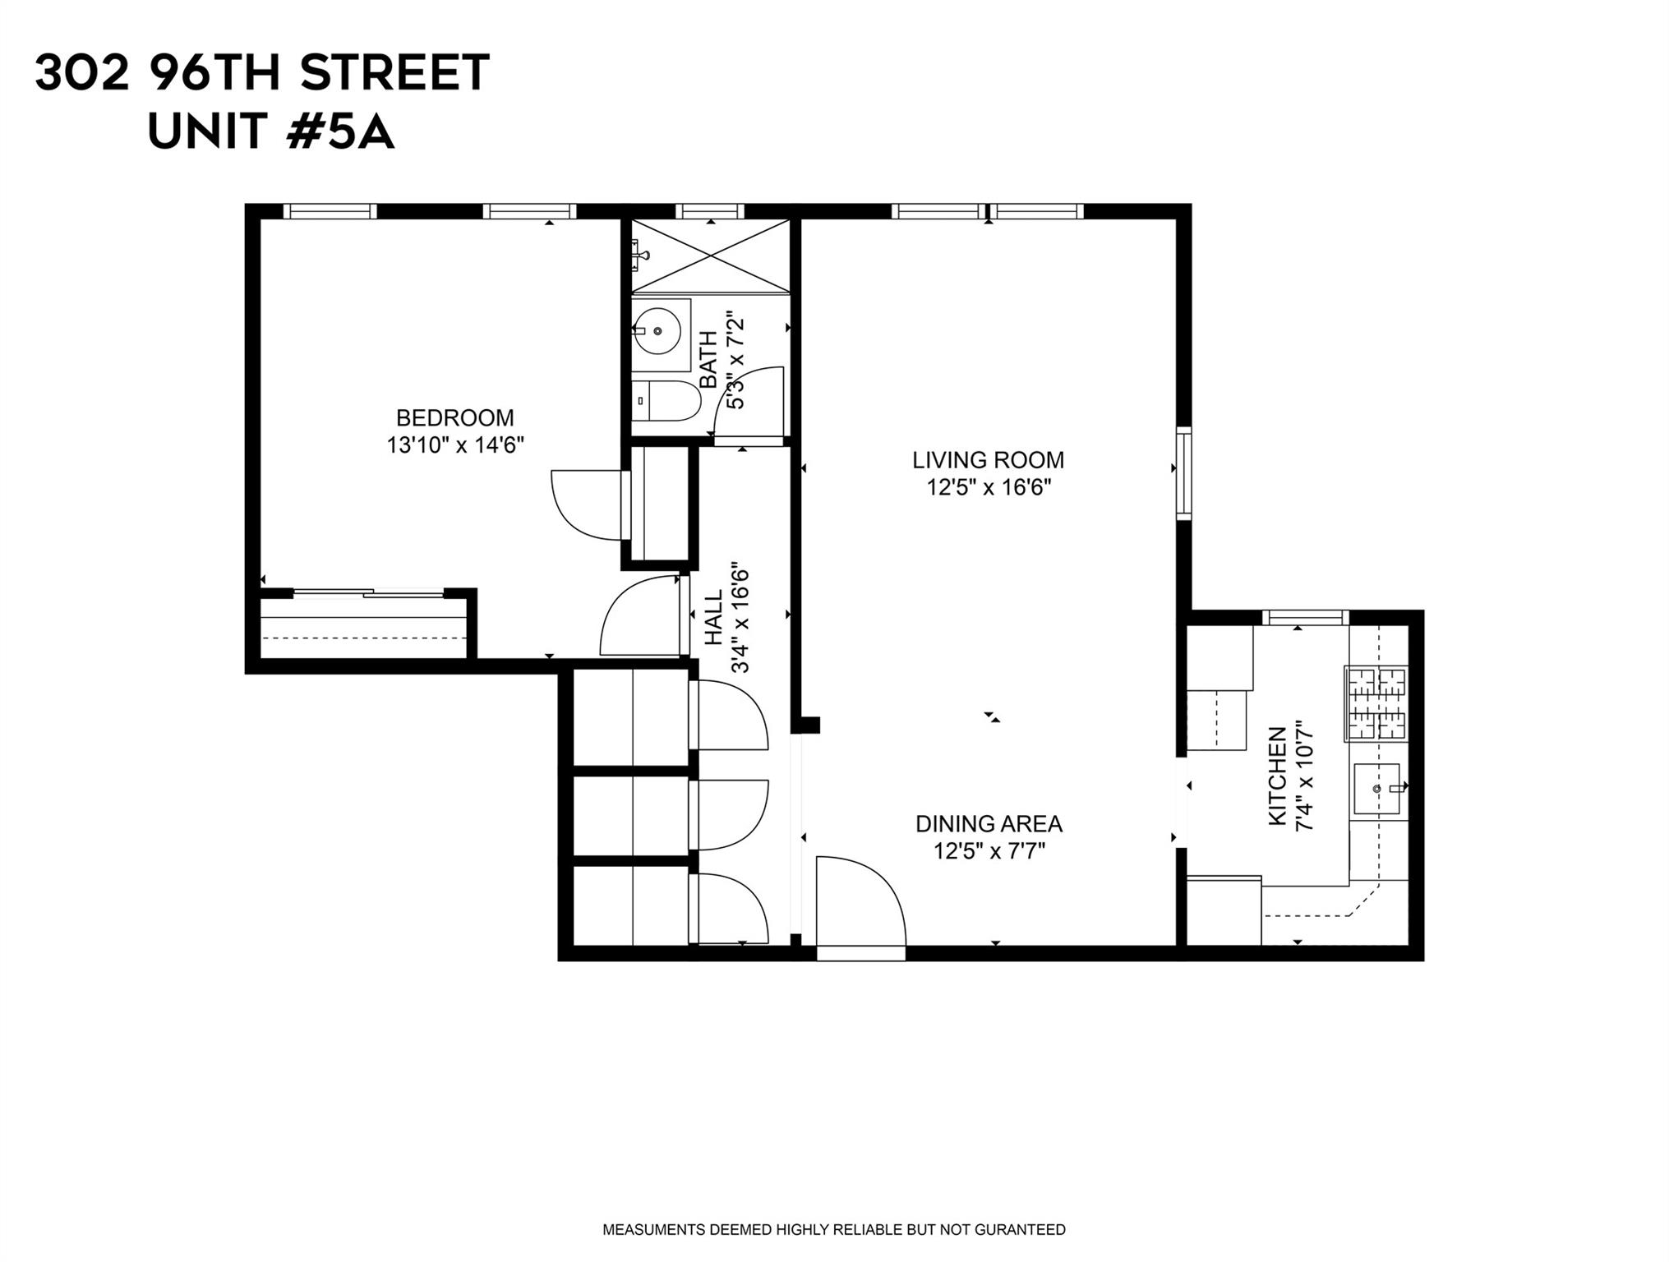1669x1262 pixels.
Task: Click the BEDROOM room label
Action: tap(454, 418)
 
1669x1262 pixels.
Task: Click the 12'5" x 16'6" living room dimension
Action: tap(989, 488)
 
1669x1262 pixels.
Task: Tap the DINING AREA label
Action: tap(989, 823)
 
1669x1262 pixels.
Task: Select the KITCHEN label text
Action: tap(1277, 776)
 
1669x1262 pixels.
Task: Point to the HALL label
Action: tap(713, 617)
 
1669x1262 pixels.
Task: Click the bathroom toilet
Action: tap(666, 401)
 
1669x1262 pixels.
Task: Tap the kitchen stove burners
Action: tap(1376, 703)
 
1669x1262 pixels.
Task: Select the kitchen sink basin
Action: tap(1376, 789)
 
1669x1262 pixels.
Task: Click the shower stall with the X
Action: tap(710, 256)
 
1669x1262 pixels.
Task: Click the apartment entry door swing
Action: tap(860, 904)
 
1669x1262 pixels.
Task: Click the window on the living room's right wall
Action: tap(1183, 473)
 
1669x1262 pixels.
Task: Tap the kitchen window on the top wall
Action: tap(1305, 617)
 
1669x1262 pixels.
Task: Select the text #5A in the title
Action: tap(340, 131)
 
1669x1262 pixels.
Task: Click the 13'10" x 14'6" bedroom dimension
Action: tap(454, 445)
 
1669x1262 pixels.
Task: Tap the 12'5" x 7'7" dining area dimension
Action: tap(989, 851)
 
